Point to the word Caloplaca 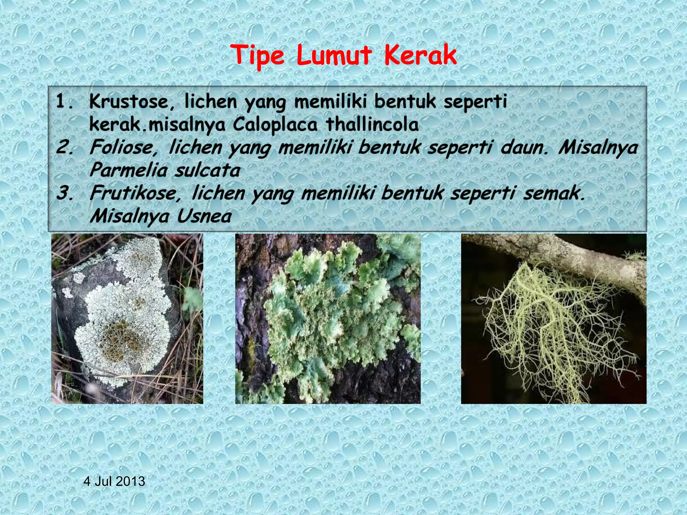click(275, 124)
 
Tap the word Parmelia click(128, 170)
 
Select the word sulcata click(207, 170)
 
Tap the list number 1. click(64, 102)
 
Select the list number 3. click(64, 193)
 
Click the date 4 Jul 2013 click(114, 481)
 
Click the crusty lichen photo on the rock click(127, 319)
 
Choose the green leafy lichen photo click(327, 319)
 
